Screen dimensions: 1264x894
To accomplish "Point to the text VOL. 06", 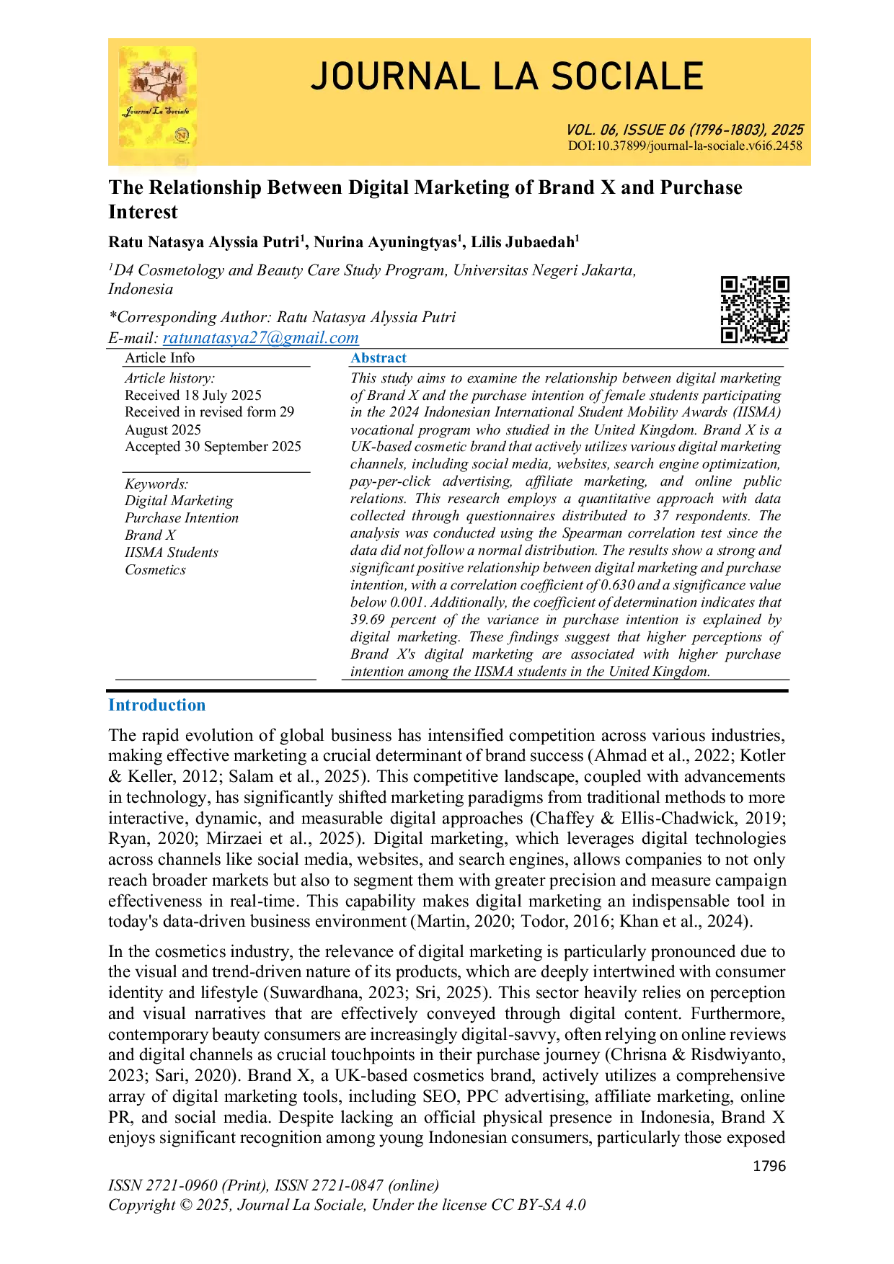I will point(591,130).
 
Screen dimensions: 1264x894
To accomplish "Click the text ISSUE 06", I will point(653,130).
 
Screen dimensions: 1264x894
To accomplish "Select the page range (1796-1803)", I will point(727,130).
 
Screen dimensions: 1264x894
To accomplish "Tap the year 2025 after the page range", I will point(787,130).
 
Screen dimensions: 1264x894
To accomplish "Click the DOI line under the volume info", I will point(685,146).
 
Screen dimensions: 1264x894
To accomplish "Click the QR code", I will point(753,308).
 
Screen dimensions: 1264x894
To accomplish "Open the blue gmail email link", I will point(262,338).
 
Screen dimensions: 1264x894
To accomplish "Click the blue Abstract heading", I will point(379,357).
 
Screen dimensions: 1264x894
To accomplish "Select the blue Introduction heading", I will point(156,706).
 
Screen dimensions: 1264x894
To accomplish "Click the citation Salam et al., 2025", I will point(294,776).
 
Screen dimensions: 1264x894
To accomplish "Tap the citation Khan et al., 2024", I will point(681,921).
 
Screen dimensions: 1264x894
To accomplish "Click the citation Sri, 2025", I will point(448,992).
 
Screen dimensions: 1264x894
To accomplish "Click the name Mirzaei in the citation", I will point(234,838).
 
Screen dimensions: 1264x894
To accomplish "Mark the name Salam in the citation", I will point(251,776).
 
